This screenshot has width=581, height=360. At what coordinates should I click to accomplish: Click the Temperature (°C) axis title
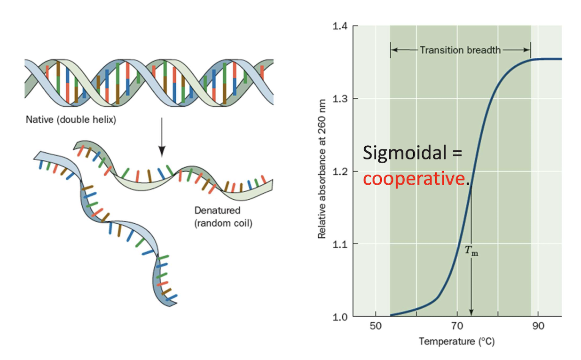(456, 342)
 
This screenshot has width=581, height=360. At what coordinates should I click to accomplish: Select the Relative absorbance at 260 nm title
(322, 171)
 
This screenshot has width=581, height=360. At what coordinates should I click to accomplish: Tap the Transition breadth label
(460, 49)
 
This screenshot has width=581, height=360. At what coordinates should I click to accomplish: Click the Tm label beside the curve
(471, 251)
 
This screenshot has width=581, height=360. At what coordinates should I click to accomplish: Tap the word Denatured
(217, 211)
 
